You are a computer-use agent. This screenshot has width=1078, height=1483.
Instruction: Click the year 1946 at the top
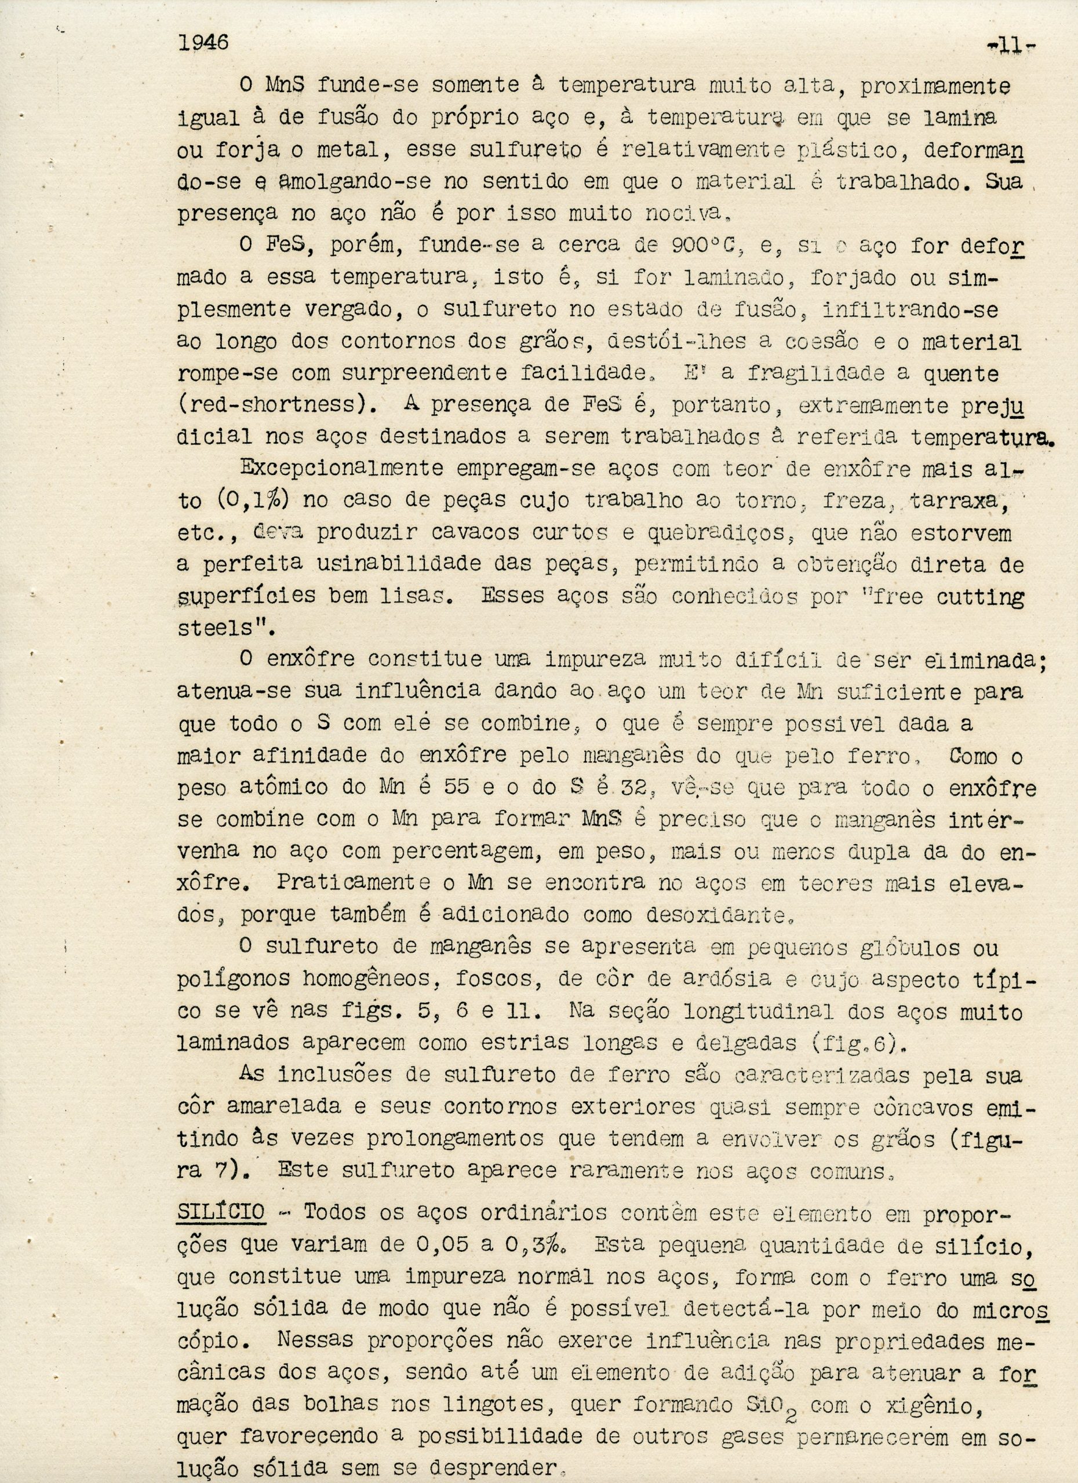coord(203,42)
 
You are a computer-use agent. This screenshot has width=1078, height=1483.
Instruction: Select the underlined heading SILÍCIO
coord(221,1212)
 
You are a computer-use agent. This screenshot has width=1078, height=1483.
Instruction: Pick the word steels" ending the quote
coord(218,629)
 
